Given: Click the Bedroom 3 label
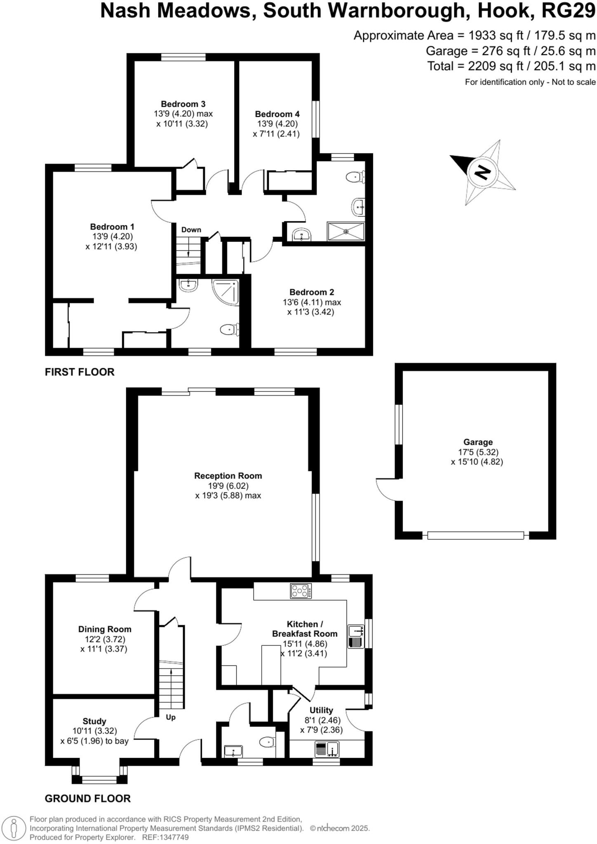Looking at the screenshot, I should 183,104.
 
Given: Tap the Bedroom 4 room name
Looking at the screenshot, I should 277,114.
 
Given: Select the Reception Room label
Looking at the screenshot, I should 228,476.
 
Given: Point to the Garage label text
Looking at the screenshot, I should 478,442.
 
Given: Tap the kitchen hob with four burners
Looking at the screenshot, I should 301,591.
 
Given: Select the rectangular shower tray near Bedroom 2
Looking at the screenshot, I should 346,231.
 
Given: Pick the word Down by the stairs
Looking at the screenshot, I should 191,230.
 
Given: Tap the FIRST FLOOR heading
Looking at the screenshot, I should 80,372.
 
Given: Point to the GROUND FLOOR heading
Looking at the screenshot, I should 87,798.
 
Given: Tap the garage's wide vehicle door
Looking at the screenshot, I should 475,535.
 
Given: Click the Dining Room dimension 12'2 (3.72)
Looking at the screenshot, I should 105,639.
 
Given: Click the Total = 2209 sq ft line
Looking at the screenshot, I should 511,66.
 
